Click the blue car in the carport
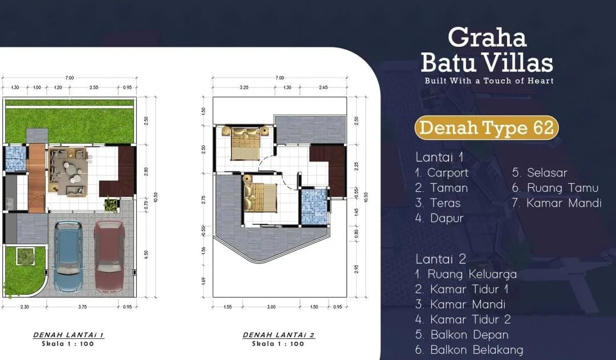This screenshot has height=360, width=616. [69, 257]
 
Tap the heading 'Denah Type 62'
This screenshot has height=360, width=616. [486, 128]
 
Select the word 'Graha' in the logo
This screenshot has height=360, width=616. [487, 37]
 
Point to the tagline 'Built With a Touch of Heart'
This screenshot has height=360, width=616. [489, 80]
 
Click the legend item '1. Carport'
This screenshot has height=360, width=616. [442, 172]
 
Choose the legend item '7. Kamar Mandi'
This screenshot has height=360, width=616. [557, 203]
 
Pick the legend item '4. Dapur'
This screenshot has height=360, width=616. [440, 218]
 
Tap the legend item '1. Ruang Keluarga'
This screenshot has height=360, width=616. [466, 274]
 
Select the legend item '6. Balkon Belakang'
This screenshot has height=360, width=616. [469, 350]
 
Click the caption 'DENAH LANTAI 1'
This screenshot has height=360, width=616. [68, 335]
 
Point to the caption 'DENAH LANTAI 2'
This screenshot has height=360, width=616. [278, 335]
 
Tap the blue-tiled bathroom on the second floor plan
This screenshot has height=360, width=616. [313, 207]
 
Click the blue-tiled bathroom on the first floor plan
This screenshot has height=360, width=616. [15, 159]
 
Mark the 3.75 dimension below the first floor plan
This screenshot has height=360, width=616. [84, 307]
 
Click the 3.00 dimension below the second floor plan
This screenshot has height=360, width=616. [271, 307]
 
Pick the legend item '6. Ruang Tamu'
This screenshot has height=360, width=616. [555, 188]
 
